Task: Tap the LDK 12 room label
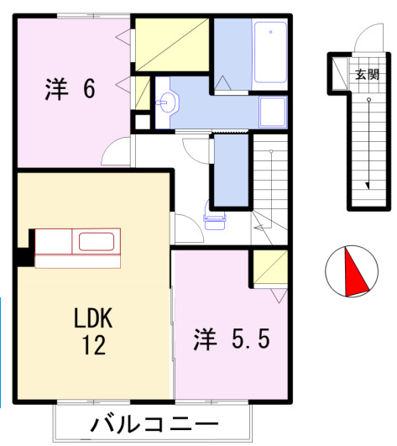click(x=93, y=330)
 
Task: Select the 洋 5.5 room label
click(x=232, y=339)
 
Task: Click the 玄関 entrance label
click(x=367, y=75)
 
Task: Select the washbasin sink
click(x=168, y=102)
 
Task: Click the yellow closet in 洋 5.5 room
click(x=270, y=268)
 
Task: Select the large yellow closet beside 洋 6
click(x=173, y=45)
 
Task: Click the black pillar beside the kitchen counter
click(x=24, y=256)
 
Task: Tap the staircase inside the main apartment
click(x=270, y=185)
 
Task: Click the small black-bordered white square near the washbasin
click(x=143, y=120)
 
